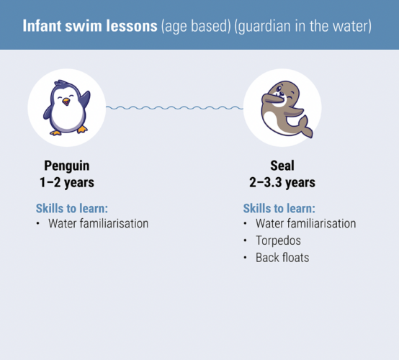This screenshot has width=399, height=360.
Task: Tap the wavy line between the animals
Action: [174, 108]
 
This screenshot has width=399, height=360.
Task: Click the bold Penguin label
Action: [67, 166]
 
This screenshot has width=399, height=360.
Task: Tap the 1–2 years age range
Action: [67, 182]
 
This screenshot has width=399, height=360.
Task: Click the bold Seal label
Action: [277, 166]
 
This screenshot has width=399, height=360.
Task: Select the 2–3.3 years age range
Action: [277, 182]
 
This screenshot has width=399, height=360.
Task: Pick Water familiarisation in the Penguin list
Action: [98, 223]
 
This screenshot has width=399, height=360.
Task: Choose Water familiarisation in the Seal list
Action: [305, 223]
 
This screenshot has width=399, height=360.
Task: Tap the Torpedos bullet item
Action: [278, 240]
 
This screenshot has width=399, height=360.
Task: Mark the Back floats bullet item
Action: [282, 256]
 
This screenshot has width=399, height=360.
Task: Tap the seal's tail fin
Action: [305, 130]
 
